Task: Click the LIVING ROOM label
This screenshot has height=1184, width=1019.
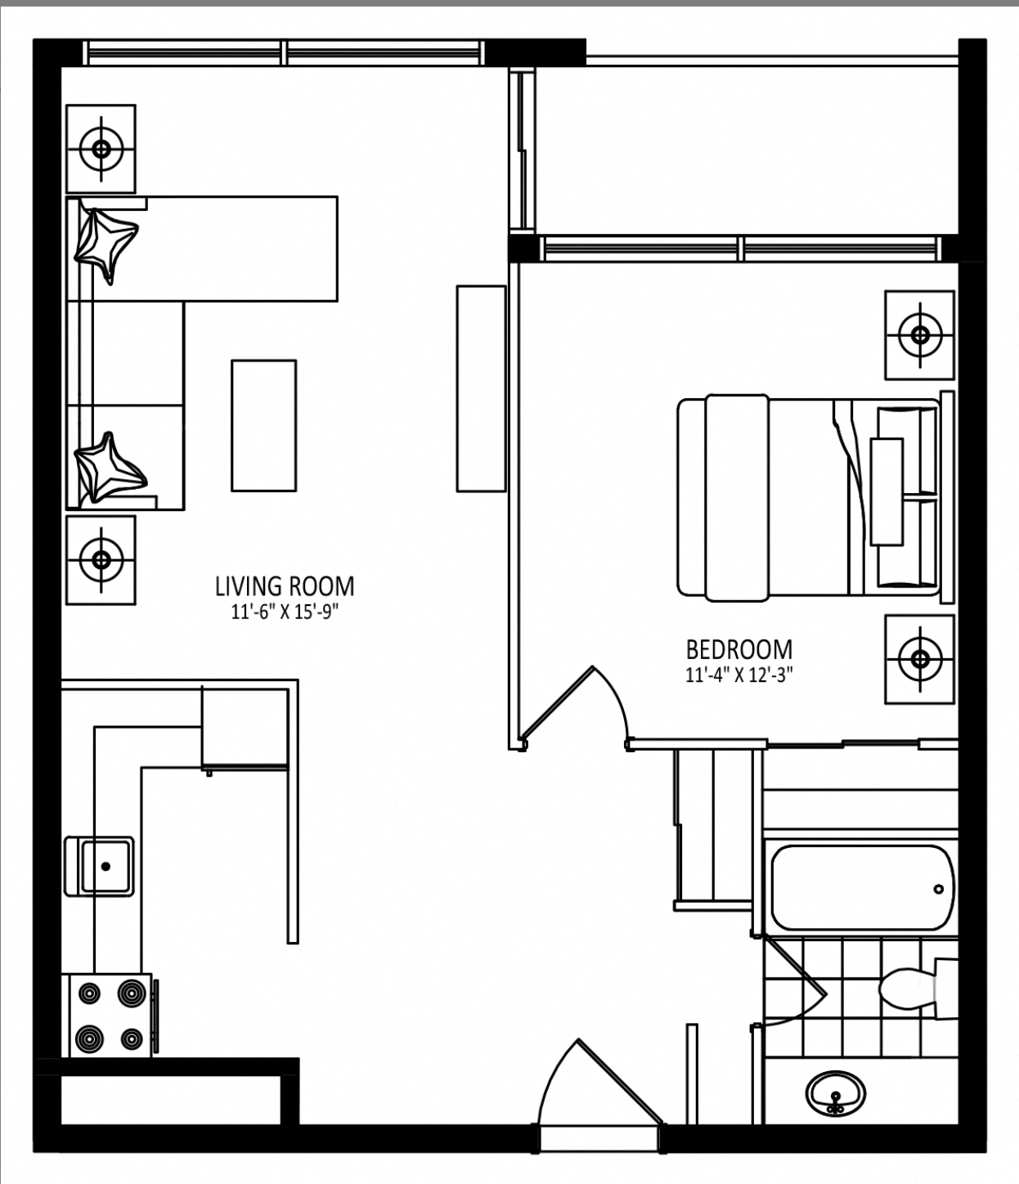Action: (285, 586)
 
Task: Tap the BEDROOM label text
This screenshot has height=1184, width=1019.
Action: (739, 649)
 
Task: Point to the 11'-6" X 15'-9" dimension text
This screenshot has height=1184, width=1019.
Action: (285, 613)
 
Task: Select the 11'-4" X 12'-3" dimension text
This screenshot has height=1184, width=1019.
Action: (739, 676)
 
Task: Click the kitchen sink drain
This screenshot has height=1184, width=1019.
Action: (105, 867)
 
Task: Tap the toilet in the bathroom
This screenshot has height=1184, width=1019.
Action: (917, 988)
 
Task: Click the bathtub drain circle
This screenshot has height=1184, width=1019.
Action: (938, 889)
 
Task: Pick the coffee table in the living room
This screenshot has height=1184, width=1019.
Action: (264, 425)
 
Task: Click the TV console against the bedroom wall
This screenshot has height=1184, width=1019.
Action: (481, 389)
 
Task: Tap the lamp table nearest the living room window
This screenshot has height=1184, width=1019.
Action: (101, 149)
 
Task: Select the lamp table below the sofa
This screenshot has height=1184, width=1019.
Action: (101, 559)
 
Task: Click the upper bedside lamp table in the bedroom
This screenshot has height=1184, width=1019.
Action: (920, 335)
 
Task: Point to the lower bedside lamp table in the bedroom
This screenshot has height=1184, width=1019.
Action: (920, 659)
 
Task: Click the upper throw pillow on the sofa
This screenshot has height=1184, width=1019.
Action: (106, 244)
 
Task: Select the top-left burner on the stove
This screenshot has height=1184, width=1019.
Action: (89, 993)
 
